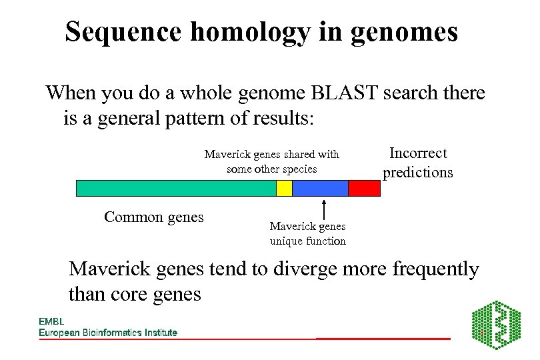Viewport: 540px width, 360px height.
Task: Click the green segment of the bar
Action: (176, 188)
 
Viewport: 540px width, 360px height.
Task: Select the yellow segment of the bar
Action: (284, 188)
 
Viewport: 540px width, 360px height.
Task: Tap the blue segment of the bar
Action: (320, 188)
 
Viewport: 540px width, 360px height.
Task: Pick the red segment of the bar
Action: (364, 188)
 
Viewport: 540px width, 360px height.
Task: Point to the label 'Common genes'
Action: (154, 217)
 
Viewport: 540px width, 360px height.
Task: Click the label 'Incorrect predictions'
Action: (417, 163)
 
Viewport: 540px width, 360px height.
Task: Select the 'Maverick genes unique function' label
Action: (307, 234)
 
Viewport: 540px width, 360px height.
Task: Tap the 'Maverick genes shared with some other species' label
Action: (271, 161)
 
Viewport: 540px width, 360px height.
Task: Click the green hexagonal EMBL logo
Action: (497, 325)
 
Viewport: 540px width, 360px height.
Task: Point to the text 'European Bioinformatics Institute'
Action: (108, 333)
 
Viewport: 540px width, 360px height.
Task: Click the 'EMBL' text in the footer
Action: (51, 321)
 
